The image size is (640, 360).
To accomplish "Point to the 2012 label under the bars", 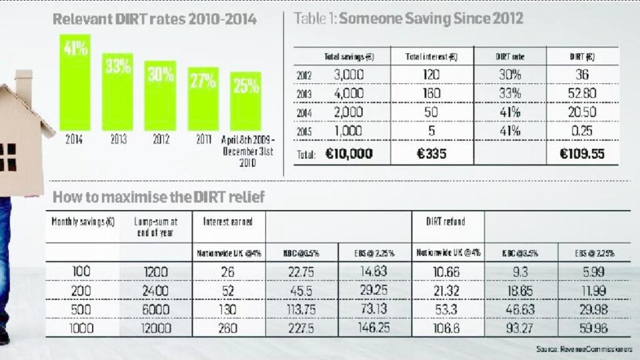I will (x=161, y=141).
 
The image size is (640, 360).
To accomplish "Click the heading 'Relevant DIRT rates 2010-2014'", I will (x=154, y=19).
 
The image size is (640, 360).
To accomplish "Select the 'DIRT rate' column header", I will (x=509, y=56).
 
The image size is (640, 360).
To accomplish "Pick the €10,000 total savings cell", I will (x=349, y=154).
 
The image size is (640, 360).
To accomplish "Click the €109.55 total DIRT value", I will (x=582, y=154).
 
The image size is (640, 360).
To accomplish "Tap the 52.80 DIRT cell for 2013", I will (x=582, y=94).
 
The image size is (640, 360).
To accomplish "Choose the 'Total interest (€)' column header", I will (x=431, y=56).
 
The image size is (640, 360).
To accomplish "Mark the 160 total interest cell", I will (x=431, y=94).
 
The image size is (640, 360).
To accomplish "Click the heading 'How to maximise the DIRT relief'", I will (x=159, y=197).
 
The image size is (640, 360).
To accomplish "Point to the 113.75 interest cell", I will (x=302, y=310).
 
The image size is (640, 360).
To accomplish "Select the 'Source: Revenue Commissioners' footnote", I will (x=584, y=349).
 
